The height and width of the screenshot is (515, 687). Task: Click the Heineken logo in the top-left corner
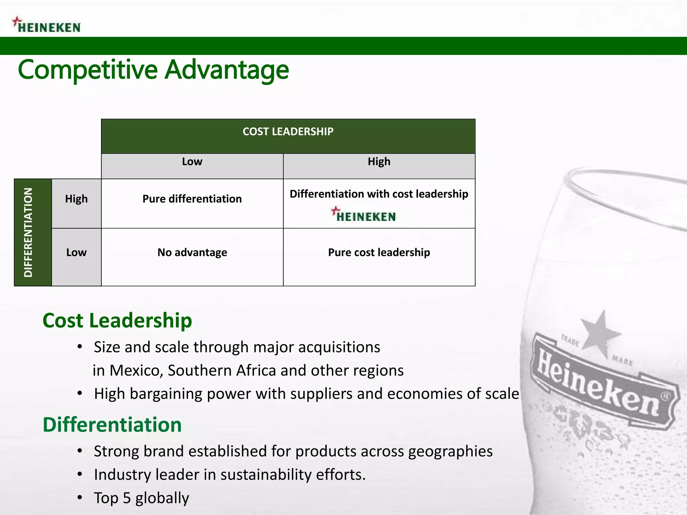(47, 25)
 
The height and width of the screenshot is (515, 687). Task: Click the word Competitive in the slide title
(88, 70)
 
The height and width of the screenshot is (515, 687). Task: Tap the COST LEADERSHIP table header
(288, 132)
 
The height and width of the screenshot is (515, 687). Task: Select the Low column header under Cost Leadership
(192, 162)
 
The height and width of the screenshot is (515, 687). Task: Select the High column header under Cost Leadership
(379, 162)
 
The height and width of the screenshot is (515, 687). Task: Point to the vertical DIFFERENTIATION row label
(29, 232)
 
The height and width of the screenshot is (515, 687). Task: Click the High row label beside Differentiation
(76, 199)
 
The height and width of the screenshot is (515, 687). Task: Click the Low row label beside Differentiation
(76, 252)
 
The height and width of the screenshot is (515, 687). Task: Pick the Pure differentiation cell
(192, 199)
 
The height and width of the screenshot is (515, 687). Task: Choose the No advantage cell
(192, 252)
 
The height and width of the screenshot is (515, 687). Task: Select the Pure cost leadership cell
(379, 252)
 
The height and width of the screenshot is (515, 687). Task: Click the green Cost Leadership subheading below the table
(117, 321)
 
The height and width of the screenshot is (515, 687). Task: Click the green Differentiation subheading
(112, 425)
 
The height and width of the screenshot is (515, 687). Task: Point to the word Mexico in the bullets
(136, 371)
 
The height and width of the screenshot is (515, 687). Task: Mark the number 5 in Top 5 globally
(126, 498)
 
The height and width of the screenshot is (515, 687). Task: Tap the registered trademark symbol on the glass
(666, 396)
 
